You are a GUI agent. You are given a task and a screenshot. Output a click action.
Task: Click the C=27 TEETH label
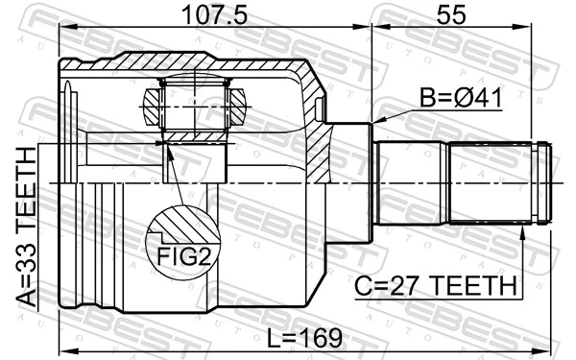[x=434, y=285]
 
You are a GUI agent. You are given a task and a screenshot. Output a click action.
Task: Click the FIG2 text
[x=182, y=256]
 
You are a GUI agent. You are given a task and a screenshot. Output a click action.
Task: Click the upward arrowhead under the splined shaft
[x=524, y=229]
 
